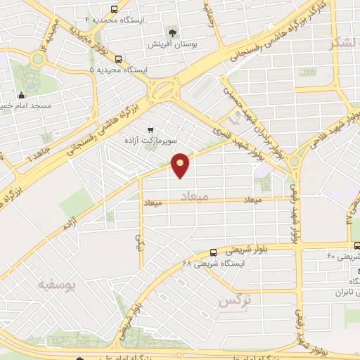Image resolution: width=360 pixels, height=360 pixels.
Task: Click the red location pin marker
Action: click(181, 164)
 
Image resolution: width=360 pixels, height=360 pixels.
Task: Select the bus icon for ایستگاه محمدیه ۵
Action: click(117, 60)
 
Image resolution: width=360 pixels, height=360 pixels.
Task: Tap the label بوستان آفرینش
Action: click(169, 44)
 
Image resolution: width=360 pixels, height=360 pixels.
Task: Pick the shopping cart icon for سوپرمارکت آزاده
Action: click(150, 129)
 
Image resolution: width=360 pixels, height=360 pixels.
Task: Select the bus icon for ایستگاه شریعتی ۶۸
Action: click(213, 252)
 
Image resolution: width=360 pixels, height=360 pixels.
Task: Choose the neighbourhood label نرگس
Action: click(235, 300)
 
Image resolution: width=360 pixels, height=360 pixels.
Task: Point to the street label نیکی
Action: click(139, 242)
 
